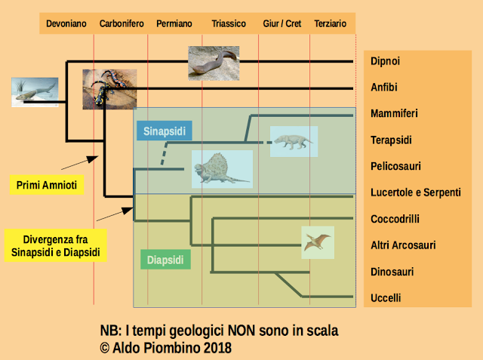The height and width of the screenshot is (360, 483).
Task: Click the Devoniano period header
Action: pos(66,23)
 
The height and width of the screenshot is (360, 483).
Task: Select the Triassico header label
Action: pos(229,23)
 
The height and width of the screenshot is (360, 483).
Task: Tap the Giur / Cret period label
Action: pos(281,23)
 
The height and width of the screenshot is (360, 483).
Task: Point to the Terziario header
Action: pos(331,23)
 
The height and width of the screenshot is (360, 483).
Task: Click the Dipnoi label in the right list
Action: pos(385,61)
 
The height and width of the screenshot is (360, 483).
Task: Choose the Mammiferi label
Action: pos(394,113)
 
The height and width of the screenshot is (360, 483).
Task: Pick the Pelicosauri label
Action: pos(395,166)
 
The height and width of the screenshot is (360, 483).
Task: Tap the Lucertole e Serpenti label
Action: pos(416,192)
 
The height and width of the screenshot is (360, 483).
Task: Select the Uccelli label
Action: pos(386,298)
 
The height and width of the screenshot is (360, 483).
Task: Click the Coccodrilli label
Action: pos(395,219)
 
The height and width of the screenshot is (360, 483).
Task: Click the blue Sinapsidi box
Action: pos(165,131)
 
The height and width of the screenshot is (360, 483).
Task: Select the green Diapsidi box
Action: pos(165,260)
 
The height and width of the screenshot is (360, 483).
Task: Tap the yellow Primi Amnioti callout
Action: pos(47,185)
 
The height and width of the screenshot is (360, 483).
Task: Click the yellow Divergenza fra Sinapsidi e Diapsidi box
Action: pos(55,245)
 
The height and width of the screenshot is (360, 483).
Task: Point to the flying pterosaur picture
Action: pos(318,242)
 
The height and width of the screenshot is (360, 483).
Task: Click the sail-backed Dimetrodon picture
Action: pos(222,169)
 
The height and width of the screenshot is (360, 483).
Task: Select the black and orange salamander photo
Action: pos(109,89)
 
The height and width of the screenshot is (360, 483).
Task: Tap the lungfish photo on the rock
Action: pos(214,63)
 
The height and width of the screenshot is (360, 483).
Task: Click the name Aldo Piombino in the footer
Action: pos(157,348)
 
